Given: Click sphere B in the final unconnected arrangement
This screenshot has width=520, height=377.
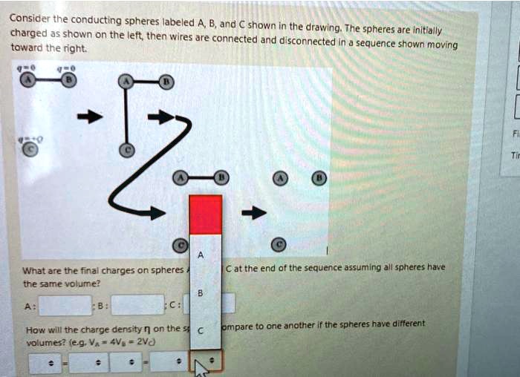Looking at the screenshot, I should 319,178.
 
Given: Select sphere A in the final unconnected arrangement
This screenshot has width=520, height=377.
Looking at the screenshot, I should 279,178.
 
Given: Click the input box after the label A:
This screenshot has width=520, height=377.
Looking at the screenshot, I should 65,304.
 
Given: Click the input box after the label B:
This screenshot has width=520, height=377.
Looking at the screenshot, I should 137,304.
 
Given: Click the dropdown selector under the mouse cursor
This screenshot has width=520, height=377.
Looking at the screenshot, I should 207,361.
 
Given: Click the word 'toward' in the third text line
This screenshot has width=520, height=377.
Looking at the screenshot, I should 25,47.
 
